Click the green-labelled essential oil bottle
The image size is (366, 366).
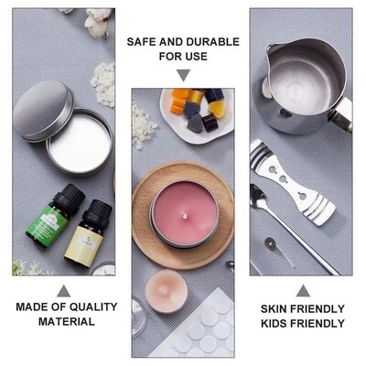pyautogui.click(x=55, y=217)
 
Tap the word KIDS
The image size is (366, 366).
pyautogui.click(x=276, y=323)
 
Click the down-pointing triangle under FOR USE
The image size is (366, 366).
pyautogui.click(x=183, y=75)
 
